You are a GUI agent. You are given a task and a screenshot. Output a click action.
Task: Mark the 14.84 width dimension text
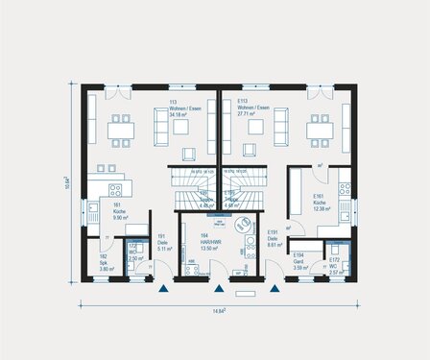(x=218, y=311)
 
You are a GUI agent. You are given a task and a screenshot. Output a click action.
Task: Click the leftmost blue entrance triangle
(x=165, y=287)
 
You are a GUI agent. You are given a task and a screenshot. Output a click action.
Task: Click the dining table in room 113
(x=121, y=131)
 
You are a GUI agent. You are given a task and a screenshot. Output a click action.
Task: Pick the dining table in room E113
(x=317, y=131)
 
